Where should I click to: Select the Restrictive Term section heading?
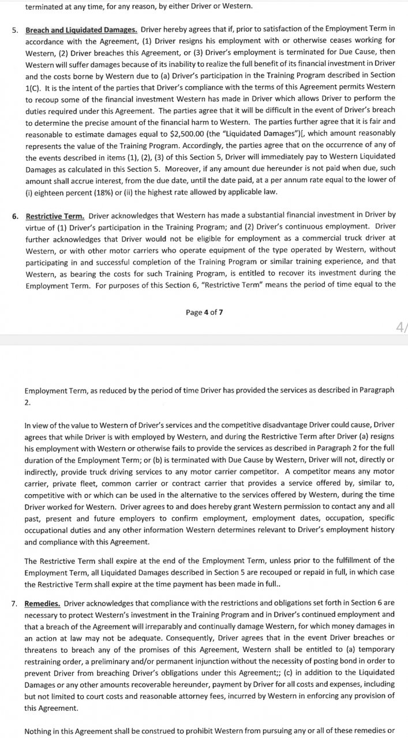[55, 216]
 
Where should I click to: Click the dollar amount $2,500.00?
[165, 134]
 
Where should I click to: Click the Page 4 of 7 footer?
[204, 312]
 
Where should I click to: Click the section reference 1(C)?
[33, 87]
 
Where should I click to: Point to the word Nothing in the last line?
[39, 732]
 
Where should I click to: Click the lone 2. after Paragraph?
[27, 402]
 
